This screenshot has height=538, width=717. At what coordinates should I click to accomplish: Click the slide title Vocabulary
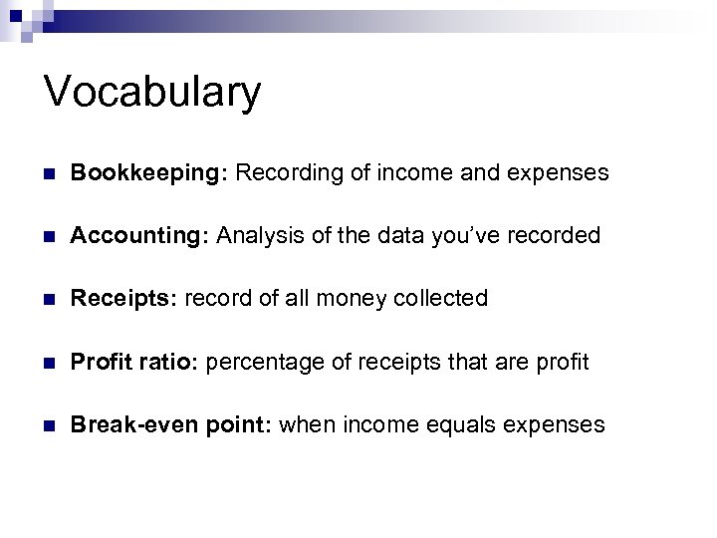point(152,92)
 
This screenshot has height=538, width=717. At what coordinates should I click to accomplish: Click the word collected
point(440,299)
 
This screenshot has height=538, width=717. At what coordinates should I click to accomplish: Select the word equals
point(454,425)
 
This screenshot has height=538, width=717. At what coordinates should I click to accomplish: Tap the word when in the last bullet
point(308,424)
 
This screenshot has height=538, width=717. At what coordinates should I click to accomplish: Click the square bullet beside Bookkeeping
point(50,174)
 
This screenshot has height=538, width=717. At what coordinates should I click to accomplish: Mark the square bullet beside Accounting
point(50,237)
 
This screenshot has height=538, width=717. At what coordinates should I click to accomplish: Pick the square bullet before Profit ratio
point(50,363)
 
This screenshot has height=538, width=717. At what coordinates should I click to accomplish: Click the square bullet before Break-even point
point(50,425)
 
